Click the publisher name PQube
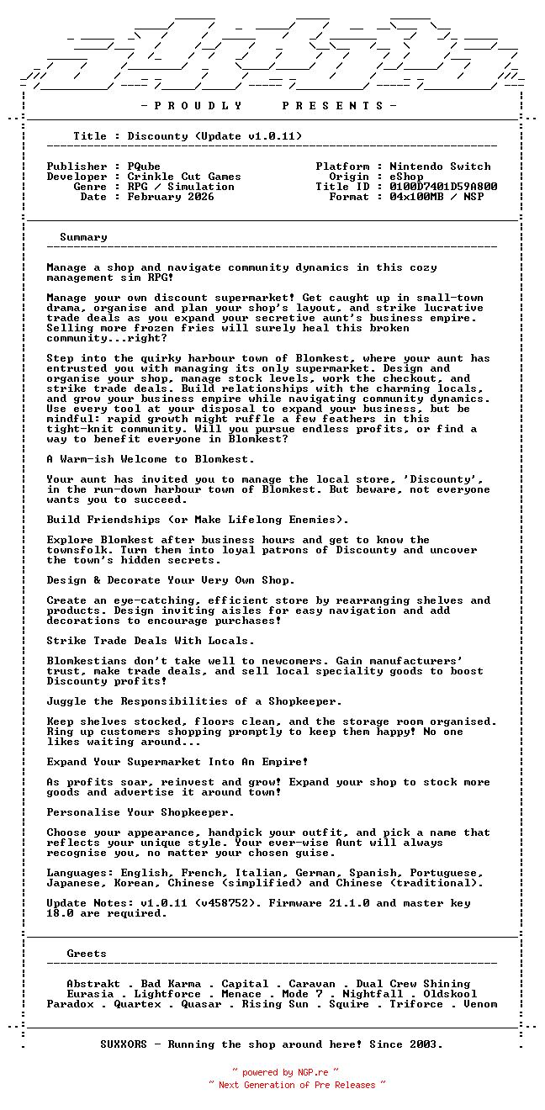tap(144, 166)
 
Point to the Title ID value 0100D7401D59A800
tap(443, 187)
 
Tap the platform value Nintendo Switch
tap(440, 166)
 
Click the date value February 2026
tap(171, 197)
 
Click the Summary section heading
tap(83, 237)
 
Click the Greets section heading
tap(87, 954)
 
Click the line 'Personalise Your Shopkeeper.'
tap(140, 812)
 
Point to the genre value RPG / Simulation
tap(181, 187)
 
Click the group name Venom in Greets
tap(480, 1004)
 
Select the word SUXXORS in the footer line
tap(124, 1044)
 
